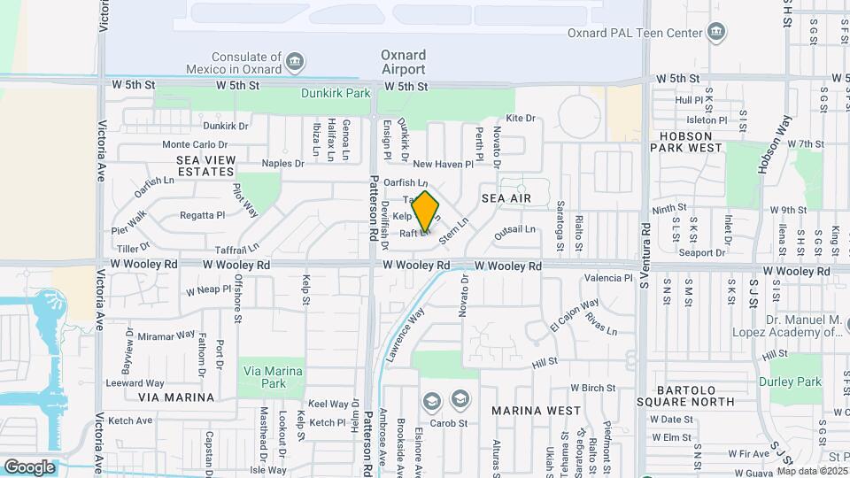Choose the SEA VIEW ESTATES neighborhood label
(x=206, y=165)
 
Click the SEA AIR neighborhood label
(x=506, y=198)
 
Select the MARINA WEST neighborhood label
(x=537, y=411)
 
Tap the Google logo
(x=29, y=466)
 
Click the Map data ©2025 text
(x=812, y=471)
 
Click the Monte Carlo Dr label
(x=195, y=144)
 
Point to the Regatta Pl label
(x=203, y=215)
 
